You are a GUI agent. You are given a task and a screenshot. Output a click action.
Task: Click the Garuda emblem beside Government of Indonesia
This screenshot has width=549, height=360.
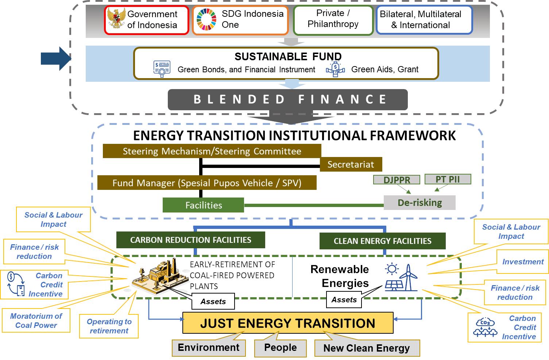pos(116,19)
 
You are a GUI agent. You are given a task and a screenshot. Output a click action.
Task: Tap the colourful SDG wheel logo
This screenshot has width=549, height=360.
pos(206,19)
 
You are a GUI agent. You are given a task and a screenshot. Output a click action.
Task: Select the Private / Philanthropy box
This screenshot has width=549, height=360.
pos(333,20)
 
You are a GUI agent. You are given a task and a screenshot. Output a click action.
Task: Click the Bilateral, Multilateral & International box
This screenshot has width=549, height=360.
pos(424,20)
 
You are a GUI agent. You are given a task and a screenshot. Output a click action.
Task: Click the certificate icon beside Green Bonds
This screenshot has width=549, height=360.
pos(162,69)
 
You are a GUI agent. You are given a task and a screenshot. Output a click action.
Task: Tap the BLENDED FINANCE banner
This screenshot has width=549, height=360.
pos(287,99)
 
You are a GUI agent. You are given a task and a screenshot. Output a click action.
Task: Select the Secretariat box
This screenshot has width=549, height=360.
pos(351,164)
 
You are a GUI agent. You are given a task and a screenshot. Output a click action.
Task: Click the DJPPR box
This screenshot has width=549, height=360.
pos(397,180)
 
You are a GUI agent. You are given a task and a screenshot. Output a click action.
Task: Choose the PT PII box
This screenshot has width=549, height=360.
pos(448,179)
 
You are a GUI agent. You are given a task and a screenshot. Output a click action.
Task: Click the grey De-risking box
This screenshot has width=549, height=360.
pos(420,203)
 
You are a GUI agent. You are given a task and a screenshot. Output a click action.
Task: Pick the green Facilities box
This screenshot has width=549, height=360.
pos(203,205)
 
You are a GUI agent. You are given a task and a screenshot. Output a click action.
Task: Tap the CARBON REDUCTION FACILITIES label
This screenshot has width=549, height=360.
pos(190,240)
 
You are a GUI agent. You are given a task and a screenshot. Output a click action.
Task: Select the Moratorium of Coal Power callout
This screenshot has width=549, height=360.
pos(36,321)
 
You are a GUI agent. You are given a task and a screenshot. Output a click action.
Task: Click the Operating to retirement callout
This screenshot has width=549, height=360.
pos(109,326)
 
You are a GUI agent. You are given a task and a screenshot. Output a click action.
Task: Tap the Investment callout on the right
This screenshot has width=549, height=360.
pos(522,262)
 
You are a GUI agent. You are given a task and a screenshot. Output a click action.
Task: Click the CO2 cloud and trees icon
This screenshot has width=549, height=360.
pos(485,328)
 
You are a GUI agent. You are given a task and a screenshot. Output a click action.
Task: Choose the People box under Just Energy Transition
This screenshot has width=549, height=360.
pos(280,348)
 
